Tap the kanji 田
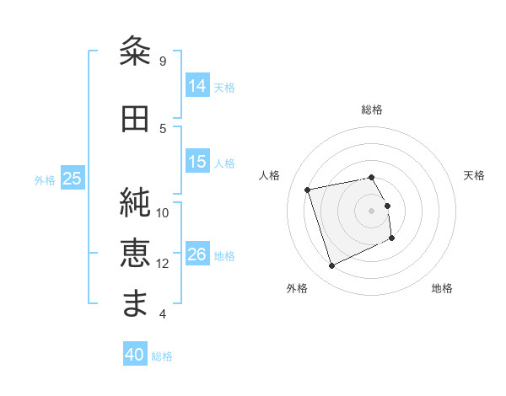pyautogui.click(x=136, y=119)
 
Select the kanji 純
pyautogui.click(x=136, y=203)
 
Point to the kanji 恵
pyautogui.click(x=136, y=253)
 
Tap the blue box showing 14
pyautogui.click(x=197, y=85)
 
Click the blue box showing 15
pyautogui.click(x=197, y=162)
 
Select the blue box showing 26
pyautogui.click(x=197, y=254)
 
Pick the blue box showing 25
pyautogui.click(x=72, y=178)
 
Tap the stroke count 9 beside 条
pyautogui.click(x=163, y=62)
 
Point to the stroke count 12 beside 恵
pyautogui.click(x=163, y=264)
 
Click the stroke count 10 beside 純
pyautogui.click(x=163, y=213)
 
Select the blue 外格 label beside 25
pyautogui.click(x=45, y=179)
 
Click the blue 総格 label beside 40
pyautogui.click(x=162, y=356)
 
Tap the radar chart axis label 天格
pyautogui.click(x=475, y=175)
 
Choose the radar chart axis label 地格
pyautogui.click(x=442, y=288)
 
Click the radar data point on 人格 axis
pyautogui.click(x=308, y=189)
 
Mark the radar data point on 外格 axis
pyautogui.click(x=331, y=266)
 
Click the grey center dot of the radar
pyautogui.click(x=372, y=210)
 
